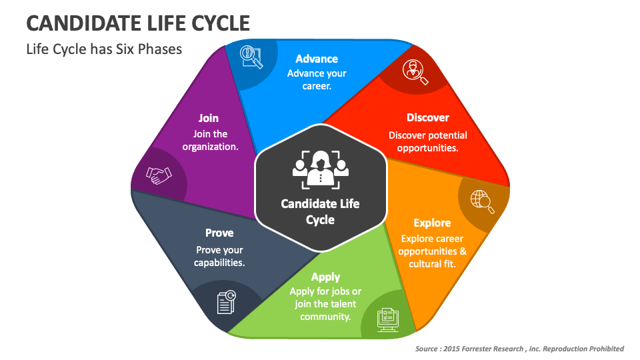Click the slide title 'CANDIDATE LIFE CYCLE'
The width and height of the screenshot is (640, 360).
click(139, 23)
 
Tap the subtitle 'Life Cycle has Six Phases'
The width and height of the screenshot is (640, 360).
click(104, 49)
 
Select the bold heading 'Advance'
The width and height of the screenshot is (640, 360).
click(317, 59)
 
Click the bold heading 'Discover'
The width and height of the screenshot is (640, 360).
click(428, 117)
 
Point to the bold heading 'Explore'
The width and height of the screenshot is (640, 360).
click(432, 223)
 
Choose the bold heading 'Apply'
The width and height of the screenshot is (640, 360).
click(325, 277)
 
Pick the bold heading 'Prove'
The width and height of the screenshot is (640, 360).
click(219, 233)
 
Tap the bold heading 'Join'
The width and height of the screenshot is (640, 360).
click(209, 118)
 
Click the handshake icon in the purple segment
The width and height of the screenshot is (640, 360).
click(159, 175)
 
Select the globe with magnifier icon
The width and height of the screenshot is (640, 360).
click(482, 201)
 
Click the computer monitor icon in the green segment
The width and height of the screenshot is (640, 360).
click(387, 319)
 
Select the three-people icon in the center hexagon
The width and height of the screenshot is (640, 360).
click(321, 169)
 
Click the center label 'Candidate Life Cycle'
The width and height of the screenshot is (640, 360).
click(320, 211)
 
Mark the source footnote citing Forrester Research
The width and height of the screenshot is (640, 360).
click(519, 349)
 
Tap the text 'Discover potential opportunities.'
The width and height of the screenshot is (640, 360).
click(428, 141)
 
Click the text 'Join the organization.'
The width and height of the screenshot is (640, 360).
click(211, 140)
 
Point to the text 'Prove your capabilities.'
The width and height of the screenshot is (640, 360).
click(219, 256)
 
